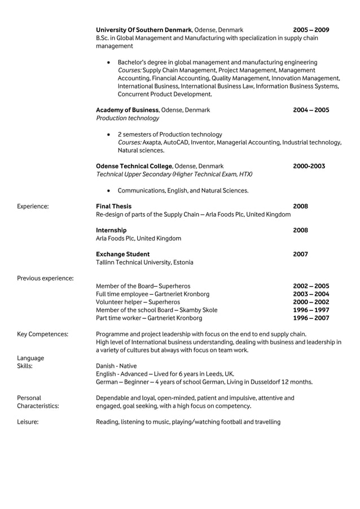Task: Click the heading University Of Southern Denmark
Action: tap(144, 30)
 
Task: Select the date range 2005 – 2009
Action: tap(311, 30)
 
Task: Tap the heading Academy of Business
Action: tap(128, 110)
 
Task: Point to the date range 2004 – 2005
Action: tap(311, 110)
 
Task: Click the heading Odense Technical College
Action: tap(134, 166)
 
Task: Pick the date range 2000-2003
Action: tap(309, 166)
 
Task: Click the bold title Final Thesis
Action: tap(113, 207)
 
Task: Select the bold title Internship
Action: tap(111, 230)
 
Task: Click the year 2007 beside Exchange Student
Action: tap(301, 254)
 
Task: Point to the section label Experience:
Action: tap(33, 207)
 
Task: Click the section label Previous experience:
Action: tap(45, 278)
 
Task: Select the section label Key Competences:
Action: tap(42, 334)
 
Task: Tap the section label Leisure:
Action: tap(28, 422)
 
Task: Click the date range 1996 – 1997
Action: tap(311, 310)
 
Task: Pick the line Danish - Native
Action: tap(120, 366)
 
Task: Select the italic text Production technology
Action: tap(128, 119)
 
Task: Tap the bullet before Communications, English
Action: tap(108, 191)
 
